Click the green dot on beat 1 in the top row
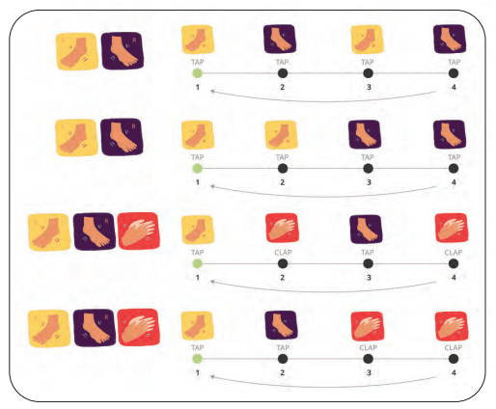tap(197, 73)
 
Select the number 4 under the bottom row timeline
tap(454, 372)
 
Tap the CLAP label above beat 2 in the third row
tap(283, 253)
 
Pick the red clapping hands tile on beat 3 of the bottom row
tap(367, 326)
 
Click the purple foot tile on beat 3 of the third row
tap(366, 230)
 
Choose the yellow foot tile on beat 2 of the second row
tap(281, 135)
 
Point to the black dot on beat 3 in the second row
tap(368, 168)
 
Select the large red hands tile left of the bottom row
tap(139, 327)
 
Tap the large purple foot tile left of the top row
tap(123, 50)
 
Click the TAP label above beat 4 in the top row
tap(454, 62)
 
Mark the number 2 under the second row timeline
tap(282, 182)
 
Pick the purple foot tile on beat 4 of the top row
tap(450, 39)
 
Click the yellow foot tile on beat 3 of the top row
tap(367, 40)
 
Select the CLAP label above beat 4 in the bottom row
tap(454, 347)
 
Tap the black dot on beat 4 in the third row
tap(454, 263)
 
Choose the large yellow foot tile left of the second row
tap(76, 138)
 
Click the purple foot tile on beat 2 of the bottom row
tap(281, 325)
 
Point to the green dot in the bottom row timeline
tap(197, 359)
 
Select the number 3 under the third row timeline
tap(369, 278)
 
